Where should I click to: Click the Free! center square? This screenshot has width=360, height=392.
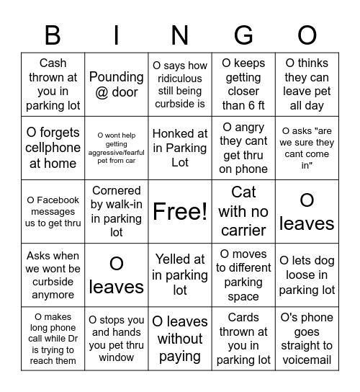[180, 212]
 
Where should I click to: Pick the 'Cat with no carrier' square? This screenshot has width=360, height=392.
[243, 212]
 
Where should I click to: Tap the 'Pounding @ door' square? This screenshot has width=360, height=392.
[117, 85]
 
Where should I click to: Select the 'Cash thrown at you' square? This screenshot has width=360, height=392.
[53, 85]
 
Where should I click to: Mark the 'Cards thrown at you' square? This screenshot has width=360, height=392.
[243, 339]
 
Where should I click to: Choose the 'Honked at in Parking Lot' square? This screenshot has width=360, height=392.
[180, 148]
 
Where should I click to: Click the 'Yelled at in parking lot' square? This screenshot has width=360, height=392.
[180, 275]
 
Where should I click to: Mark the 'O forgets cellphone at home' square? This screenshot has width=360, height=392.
[53, 148]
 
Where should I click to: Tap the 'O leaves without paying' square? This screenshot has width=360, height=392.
[180, 339]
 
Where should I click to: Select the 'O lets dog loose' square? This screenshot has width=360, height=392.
[307, 275]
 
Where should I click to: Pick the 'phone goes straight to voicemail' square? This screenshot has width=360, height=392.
[307, 339]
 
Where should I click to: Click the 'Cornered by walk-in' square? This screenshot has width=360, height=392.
[117, 212]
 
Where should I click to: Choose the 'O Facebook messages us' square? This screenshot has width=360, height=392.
[53, 212]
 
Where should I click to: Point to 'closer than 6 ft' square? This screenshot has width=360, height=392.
[243, 85]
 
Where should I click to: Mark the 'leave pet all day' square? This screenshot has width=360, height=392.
[307, 85]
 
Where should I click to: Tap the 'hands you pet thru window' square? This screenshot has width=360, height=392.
[117, 339]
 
